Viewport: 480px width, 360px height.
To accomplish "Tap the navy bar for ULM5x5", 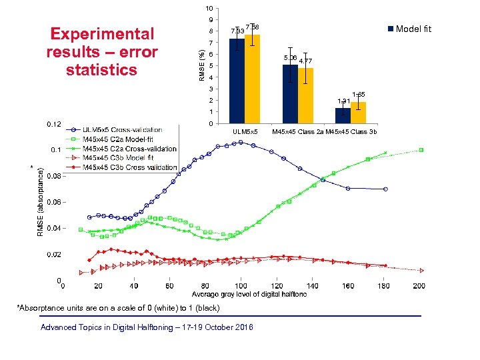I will coord(237,81).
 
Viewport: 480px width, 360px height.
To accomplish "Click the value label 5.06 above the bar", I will coord(291,58).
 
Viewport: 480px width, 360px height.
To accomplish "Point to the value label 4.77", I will coord(306,61).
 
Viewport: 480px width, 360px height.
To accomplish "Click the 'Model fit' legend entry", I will coord(413,29).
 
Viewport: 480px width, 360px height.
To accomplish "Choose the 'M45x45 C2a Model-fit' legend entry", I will coord(120,139).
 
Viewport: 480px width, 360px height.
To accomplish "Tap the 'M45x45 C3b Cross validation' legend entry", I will coord(127,167).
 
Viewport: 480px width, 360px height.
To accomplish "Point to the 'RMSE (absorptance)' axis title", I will coord(41,201).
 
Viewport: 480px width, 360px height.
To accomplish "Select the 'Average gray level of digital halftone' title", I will coord(249,295).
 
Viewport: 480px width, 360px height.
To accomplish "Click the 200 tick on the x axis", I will coord(419,287).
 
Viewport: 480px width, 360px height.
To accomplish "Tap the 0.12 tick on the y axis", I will coord(53,124).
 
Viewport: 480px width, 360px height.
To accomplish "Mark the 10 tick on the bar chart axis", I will coord(209,9).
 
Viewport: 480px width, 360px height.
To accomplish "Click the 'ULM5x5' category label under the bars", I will coord(245,132).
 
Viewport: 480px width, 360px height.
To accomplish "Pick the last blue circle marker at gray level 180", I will coord(385,189).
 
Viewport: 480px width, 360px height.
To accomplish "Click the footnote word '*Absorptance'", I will coord(37,308).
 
